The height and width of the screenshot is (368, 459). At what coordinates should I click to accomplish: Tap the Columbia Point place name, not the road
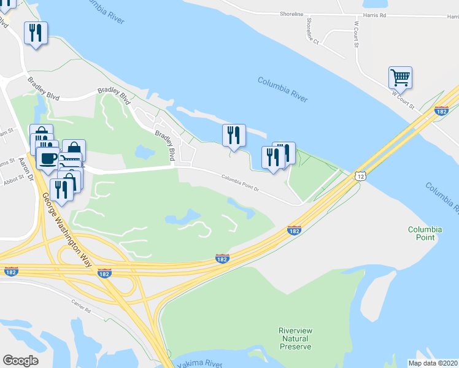click(425, 234)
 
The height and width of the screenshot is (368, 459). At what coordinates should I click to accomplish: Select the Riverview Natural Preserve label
click(296, 338)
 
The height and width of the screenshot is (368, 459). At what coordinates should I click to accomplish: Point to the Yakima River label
click(199, 364)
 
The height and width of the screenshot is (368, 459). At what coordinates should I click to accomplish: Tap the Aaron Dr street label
click(25, 164)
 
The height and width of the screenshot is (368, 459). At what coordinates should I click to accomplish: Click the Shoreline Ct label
click(312, 31)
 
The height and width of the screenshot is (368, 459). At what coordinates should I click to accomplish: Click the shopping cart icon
click(400, 78)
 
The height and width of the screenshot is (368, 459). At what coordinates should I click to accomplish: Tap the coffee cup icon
click(47, 158)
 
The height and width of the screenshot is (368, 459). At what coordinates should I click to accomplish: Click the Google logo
click(21, 361)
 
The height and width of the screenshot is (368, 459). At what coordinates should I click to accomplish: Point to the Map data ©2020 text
click(433, 363)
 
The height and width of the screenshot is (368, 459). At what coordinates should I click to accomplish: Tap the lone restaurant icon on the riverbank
click(234, 135)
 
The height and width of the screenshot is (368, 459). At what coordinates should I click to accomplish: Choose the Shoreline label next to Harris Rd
click(292, 13)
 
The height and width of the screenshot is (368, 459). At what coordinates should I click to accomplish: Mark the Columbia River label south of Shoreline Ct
click(282, 90)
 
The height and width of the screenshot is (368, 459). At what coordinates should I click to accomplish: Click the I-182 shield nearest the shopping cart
click(441, 110)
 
